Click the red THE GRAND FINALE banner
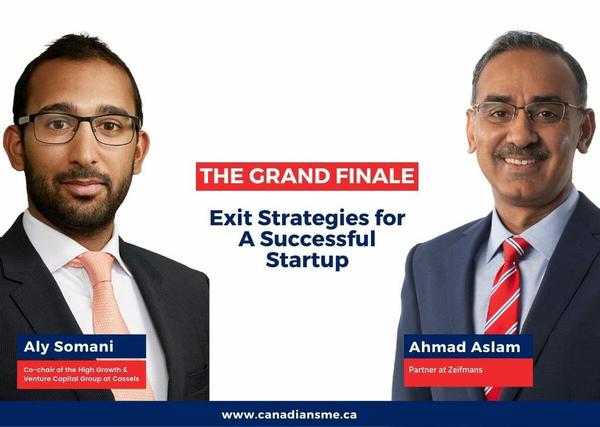point(307,176)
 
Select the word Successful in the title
point(318,239)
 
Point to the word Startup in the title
point(307,261)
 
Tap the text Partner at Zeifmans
point(445,370)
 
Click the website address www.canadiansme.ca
point(289,415)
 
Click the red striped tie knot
point(514,250)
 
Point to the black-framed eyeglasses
point(78,128)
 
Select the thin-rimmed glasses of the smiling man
point(528,112)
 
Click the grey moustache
point(522,152)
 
